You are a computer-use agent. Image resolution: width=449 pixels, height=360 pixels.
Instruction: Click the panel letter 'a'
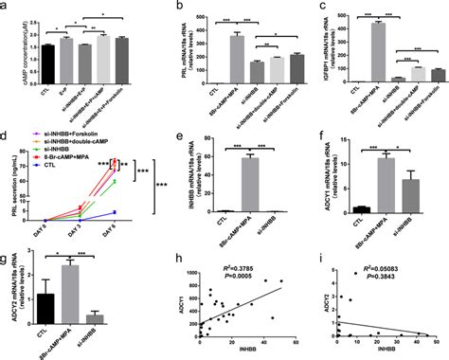pos(5,7)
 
